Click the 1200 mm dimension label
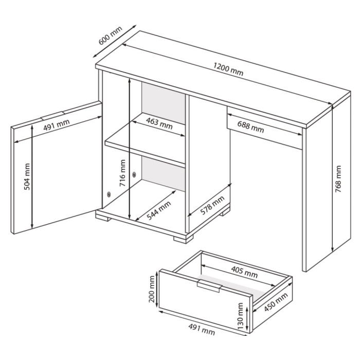click(228, 69)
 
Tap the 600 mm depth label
click(110, 36)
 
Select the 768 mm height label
click(338, 179)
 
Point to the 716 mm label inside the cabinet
click(122, 173)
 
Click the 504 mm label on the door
click(27, 177)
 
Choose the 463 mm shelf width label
click(159, 123)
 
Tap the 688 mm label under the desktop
click(250, 127)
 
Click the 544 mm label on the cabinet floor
click(158, 210)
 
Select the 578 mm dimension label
click(212, 206)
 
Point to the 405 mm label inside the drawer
click(244, 272)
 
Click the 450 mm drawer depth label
click(276, 302)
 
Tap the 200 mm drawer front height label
click(152, 289)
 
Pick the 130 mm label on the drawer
click(240, 316)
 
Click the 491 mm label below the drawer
click(202, 330)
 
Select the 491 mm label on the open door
click(57, 125)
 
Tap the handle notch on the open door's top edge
click(52, 116)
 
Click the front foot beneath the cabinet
click(183, 239)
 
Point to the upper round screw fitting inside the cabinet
click(134, 175)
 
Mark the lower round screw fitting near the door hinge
click(109, 194)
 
